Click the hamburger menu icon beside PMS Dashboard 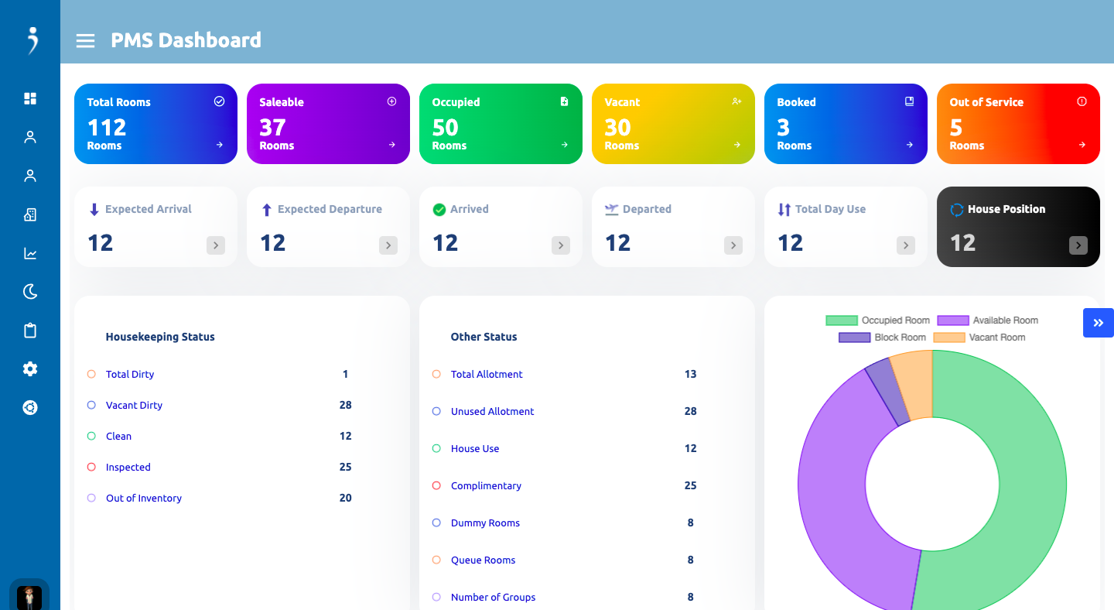(x=85, y=41)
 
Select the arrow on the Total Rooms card (x=220, y=145)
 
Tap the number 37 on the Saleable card (x=272, y=128)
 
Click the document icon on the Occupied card (x=564, y=101)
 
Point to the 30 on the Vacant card (x=617, y=128)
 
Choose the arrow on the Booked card (x=910, y=145)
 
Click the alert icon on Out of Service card (x=1082, y=101)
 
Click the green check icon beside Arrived (x=439, y=210)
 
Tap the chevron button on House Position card (x=1078, y=245)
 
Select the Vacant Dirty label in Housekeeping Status (x=134, y=405)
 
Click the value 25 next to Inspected (x=345, y=467)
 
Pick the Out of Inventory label (x=144, y=498)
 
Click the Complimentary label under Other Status (x=486, y=485)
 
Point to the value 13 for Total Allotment (x=690, y=374)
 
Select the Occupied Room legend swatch (x=842, y=320)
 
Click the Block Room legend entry (x=882, y=338)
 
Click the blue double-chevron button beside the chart (x=1098, y=323)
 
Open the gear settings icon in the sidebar (x=30, y=369)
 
